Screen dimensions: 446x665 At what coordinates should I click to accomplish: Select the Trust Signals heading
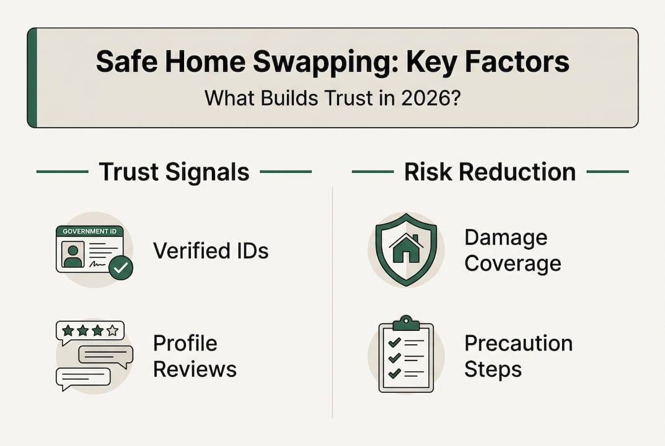[174, 172]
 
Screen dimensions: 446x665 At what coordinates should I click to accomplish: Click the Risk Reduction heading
[490, 172]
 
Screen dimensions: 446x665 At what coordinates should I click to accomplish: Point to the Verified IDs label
[211, 250]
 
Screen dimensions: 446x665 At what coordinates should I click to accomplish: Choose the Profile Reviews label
[195, 356]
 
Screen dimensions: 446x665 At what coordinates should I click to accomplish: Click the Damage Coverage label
[513, 250]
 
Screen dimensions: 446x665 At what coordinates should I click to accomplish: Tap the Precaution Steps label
[518, 356]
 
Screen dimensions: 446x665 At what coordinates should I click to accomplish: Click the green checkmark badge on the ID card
[120, 268]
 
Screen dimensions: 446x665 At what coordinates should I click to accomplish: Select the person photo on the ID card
[73, 255]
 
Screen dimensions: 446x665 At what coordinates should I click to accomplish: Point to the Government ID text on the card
[89, 231]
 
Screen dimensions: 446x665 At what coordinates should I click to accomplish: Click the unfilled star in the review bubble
[112, 331]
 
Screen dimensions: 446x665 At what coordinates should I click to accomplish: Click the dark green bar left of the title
[32, 77]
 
